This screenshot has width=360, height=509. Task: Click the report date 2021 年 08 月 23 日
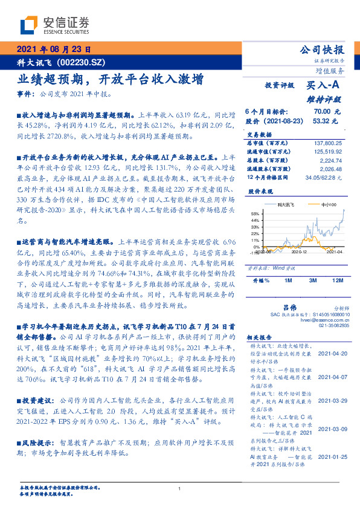click(53, 50)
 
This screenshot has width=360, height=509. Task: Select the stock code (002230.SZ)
click(83, 62)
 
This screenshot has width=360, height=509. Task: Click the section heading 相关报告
click(261, 338)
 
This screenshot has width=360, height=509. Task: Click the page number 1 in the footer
click(180, 490)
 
